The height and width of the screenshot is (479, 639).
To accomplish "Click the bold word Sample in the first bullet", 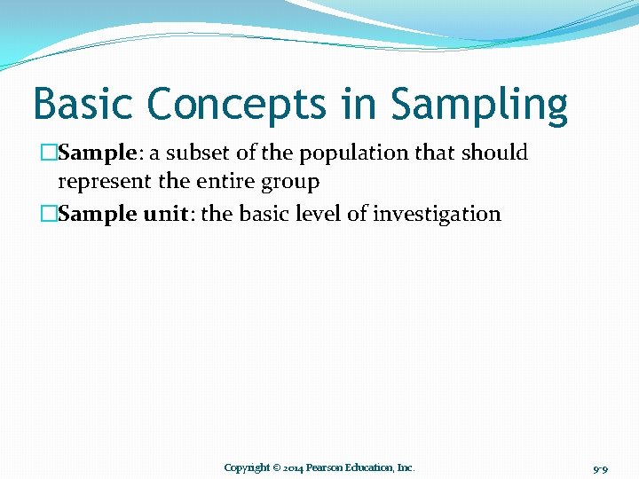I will [96, 153].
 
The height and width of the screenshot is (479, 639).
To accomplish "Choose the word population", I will [353, 154].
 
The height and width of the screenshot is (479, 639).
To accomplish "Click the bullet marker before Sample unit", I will [48, 214].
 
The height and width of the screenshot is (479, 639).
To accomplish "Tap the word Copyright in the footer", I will [247, 467].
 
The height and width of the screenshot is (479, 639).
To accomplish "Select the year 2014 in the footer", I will [293, 467].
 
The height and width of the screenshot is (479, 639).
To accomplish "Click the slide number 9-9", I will [599, 467].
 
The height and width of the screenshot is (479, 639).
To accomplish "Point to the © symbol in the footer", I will [276, 467].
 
